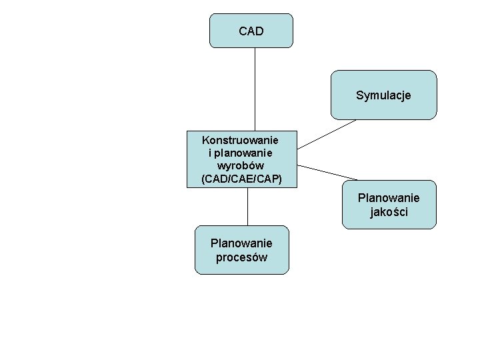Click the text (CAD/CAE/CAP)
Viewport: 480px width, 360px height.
241,179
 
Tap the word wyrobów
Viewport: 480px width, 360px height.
241,165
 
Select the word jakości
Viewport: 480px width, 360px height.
389,212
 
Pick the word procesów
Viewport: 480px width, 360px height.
241,257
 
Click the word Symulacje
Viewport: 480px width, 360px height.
384,95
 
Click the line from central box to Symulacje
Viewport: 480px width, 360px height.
327,133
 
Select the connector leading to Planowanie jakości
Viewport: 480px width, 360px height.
327,173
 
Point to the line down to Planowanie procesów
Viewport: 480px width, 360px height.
248,207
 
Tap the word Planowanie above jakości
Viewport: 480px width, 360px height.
389,198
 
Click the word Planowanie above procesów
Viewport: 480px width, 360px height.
241,243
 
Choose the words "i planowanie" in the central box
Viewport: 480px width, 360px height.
241,153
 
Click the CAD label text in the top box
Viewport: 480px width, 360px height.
251,31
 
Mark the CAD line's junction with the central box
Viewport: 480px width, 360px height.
255,130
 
